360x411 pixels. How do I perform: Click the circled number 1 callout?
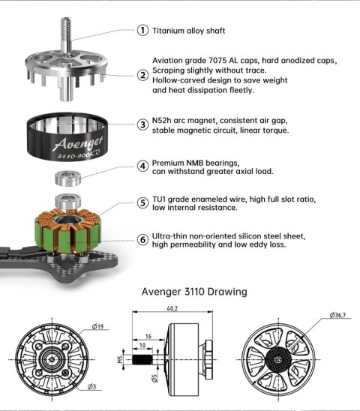pos(142,31)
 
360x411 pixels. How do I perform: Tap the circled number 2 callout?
pos(142,74)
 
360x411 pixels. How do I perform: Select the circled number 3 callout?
pos(142,124)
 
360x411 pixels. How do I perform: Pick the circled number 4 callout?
pos(142,166)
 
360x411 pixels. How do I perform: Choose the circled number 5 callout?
pos(142,202)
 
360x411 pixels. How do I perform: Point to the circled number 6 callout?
pos(142,239)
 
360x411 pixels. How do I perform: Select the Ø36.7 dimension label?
pos(338,316)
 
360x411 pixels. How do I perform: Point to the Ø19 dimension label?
pos(98,326)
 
